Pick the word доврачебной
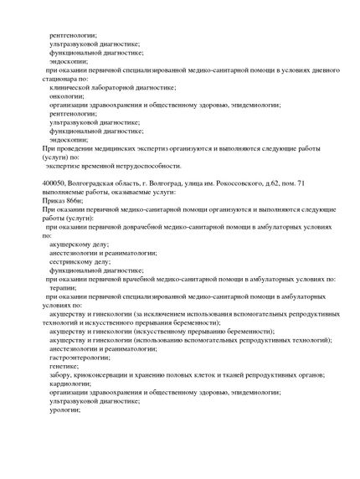(137, 226)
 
